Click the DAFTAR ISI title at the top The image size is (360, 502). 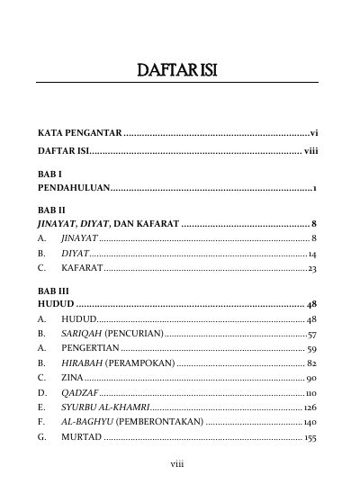(x=180, y=69)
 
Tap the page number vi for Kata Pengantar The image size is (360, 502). (x=314, y=133)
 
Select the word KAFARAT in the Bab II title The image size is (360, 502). (x=151, y=222)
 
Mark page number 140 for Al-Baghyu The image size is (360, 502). (x=309, y=423)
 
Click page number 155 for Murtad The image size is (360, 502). (x=309, y=438)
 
